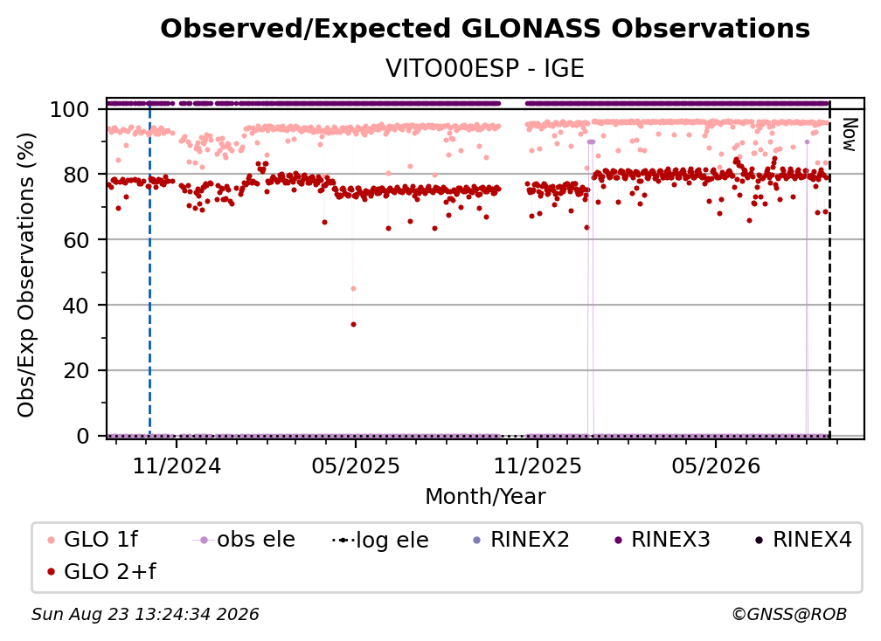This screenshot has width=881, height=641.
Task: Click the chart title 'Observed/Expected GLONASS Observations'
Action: point(485,29)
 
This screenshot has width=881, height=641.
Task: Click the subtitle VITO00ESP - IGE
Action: point(485,68)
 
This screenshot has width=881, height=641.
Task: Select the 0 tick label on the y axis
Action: point(83,436)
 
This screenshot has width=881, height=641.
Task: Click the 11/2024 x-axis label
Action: point(177,465)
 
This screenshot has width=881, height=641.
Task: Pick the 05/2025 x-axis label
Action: point(355,465)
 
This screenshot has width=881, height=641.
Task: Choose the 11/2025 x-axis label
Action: point(538,465)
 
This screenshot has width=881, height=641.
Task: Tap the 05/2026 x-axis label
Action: point(716,465)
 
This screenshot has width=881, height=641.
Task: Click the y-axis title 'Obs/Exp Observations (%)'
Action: point(26,274)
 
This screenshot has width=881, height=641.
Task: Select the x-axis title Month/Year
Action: point(485,497)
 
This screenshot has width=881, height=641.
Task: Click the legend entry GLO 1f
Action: point(93,540)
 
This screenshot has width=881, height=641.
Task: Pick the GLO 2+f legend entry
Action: point(101,571)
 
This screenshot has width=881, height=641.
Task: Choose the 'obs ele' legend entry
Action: point(244,540)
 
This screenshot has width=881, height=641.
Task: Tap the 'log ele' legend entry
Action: point(381,540)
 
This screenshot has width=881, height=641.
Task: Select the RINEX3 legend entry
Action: point(662,540)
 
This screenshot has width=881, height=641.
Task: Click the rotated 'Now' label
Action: point(849,134)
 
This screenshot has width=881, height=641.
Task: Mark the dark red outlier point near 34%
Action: point(353,324)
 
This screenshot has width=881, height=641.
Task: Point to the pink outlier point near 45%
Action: point(353,288)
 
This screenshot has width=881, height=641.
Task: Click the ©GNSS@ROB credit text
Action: point(789,615)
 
